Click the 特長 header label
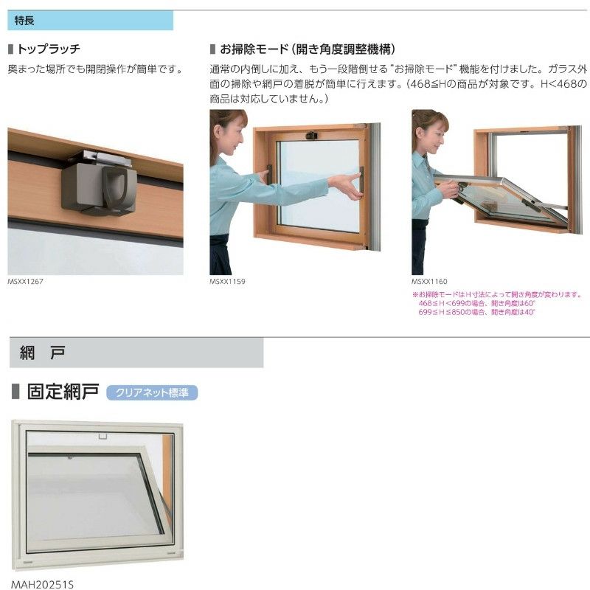pyautogui.click(x=26, y=21)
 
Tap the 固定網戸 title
pyautogui.click(x=62, y=392)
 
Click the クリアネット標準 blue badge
pyautogui.click(x=152, y=392)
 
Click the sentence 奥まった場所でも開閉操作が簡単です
pyautogui.click(x=95, y=69)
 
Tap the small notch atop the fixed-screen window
pyautogui.click(x=101, y=436)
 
